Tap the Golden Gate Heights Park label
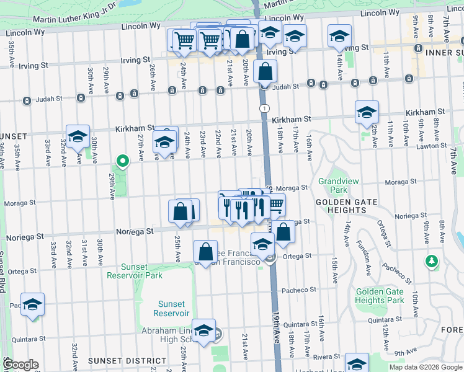coord(380,296)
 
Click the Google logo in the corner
coord(20,365)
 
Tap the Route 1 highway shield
coord(265,108)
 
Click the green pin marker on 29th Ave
coord(123,162)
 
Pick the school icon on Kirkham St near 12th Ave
coord(367,112)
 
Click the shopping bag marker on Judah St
coord(265,72)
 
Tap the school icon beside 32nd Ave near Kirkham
coord(77,137)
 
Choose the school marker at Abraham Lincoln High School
coord(203,330)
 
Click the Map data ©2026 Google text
coord(425,367)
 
